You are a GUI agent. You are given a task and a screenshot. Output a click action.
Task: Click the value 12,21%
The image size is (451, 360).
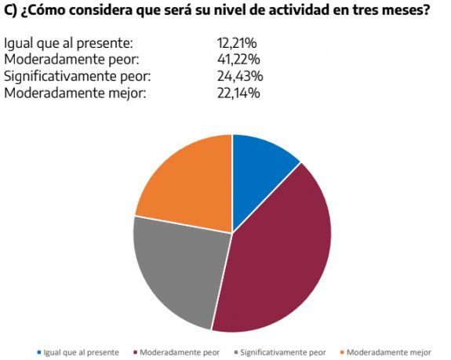pos(237,43)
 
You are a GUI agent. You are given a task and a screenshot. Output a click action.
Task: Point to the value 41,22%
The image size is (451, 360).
pos(238,60)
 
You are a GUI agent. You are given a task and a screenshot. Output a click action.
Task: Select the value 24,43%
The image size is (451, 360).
pos(239,76)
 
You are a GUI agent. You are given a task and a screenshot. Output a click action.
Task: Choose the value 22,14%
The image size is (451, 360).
pos(238,93)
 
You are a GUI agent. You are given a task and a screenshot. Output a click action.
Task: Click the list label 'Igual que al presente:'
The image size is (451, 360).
pos(68,43)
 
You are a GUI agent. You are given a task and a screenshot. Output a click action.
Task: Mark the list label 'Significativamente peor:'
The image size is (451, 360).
pos(77,76)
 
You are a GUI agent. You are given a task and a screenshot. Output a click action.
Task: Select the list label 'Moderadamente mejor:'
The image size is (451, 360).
pos(75,93)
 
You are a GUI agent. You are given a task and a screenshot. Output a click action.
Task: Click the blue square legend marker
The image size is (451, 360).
pos(39,352)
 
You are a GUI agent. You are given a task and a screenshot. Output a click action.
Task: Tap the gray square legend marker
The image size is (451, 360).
pos(235,352)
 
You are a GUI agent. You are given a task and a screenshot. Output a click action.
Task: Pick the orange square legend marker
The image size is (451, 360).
pos(342,352)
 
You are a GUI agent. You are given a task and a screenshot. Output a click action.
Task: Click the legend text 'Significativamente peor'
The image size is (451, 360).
pos(283,352)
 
